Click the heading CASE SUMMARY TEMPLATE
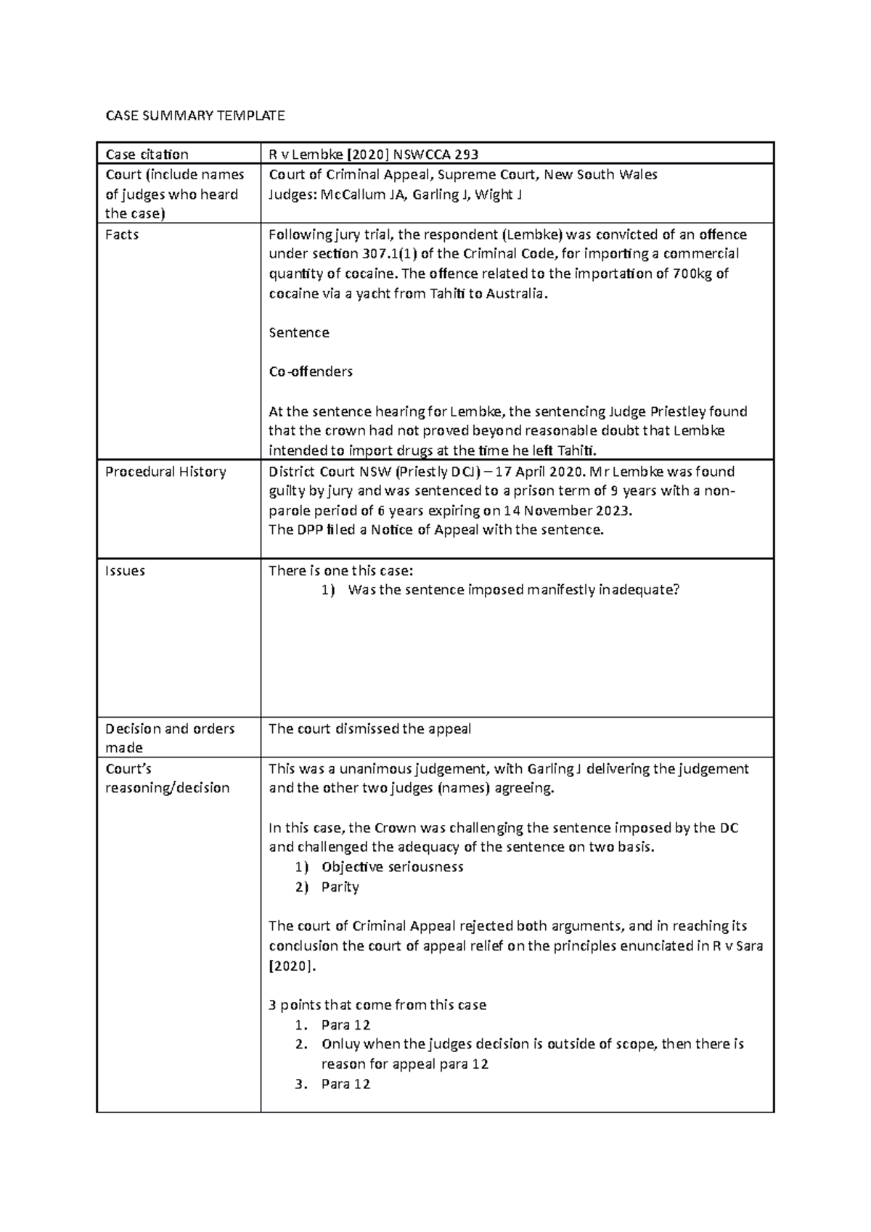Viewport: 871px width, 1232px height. (x=195, y=115)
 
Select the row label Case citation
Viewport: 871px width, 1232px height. (x=147, y=154)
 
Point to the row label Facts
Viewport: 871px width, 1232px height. (x=122, y=234)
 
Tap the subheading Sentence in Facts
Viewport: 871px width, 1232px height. (x=299, y=333)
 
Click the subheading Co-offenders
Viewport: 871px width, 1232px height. (x=311, y=371)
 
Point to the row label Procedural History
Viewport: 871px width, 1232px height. (x=165, y=472)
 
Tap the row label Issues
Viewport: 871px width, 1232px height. (x=125, y=571)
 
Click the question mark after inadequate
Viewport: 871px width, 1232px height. (x=676, y=590)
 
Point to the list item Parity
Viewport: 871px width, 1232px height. (x=340, y=887)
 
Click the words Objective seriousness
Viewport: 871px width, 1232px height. (x=392, y=867)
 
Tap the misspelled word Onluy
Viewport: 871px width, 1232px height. (x=340, y=1045)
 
